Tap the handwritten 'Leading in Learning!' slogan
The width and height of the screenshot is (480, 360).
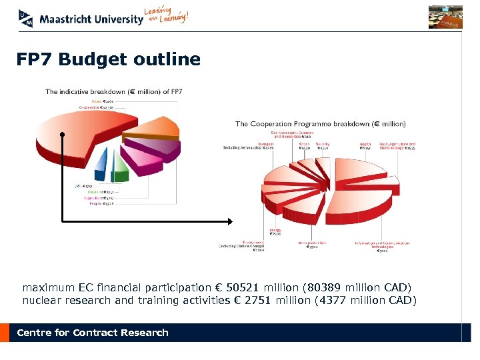pos(166,16)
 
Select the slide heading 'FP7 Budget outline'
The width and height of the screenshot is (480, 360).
pos(109,59)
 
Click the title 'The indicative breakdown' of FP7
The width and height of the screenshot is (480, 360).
pos(114,91)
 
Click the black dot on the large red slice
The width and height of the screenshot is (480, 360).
pos(61,135)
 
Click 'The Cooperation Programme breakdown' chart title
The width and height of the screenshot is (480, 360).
pos(320,124)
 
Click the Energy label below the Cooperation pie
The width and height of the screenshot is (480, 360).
pos(275,233)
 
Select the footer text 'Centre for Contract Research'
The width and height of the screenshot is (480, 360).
pos(93,333)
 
